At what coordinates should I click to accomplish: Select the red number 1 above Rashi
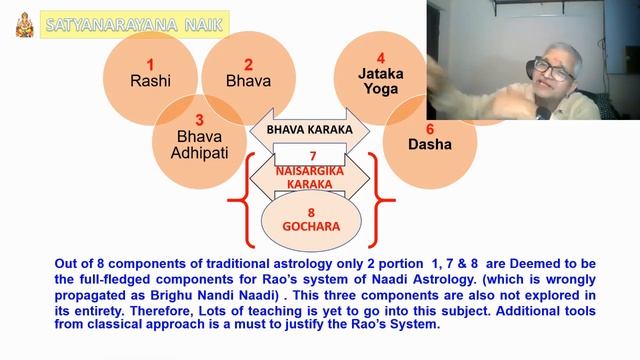point(149,65)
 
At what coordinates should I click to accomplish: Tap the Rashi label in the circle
point(150,83)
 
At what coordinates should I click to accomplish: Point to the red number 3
point(199,119)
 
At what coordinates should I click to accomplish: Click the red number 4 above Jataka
point(380,58)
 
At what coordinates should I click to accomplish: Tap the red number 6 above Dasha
point(430,129)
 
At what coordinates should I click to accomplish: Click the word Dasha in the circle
point(430,146)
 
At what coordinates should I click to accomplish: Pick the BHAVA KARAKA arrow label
point(309,129)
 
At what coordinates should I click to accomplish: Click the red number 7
point(312,156)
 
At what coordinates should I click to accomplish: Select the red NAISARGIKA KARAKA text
point(311,178)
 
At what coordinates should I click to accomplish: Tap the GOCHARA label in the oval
point(311,227)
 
